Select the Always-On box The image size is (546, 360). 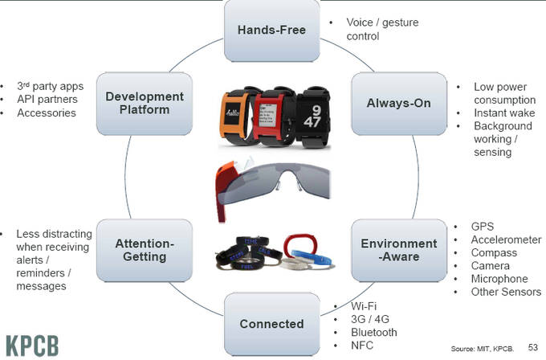[398, 104]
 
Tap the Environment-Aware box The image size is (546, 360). [398, 250]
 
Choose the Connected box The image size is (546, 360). [272, 324]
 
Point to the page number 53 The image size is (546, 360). [532, 348]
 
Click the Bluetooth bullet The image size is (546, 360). [374, 332]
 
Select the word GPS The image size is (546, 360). [483, 226]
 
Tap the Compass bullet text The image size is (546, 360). [494, 252]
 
